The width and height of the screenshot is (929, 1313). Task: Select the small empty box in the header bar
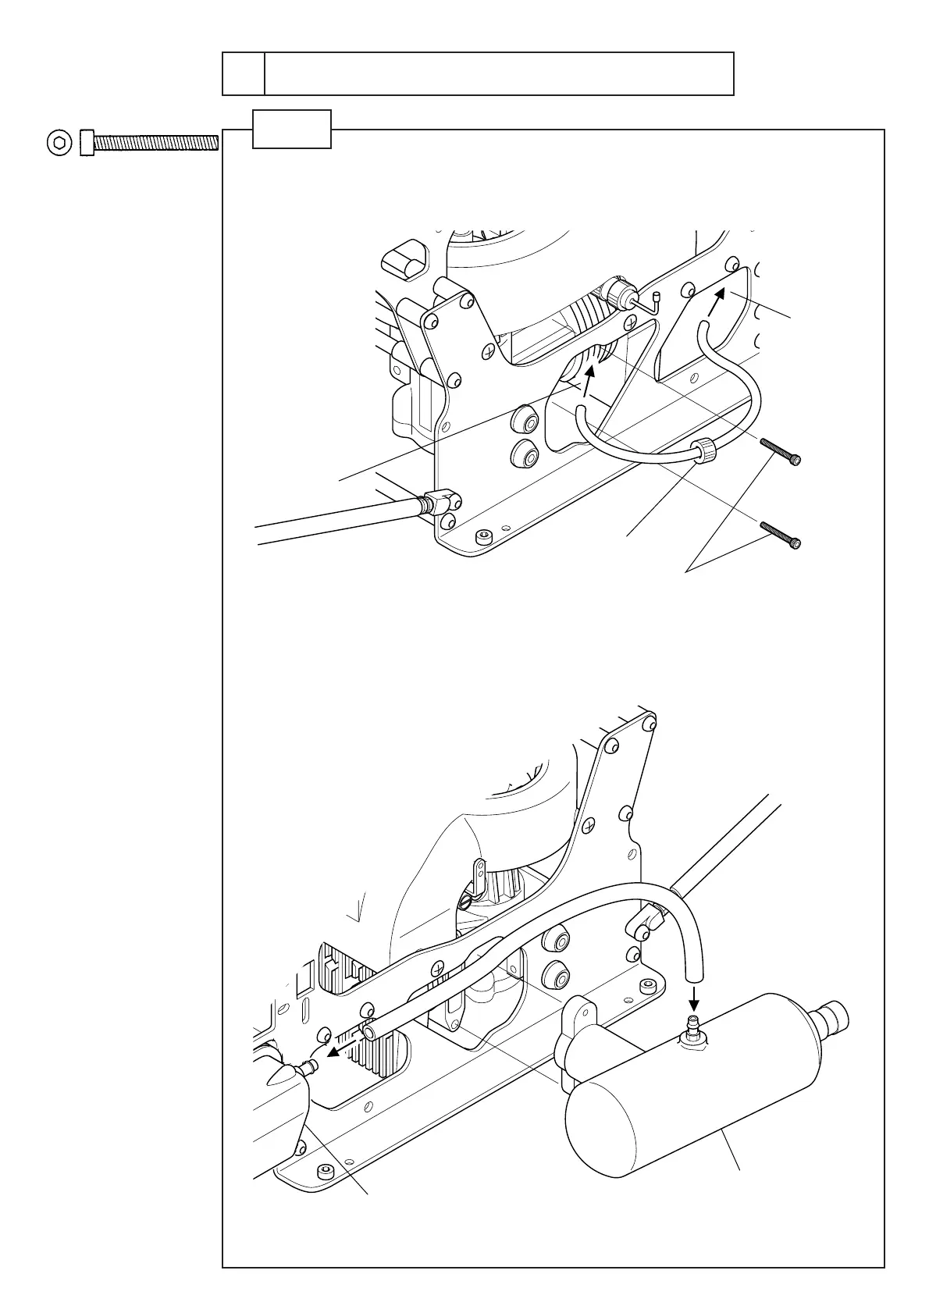[x=244, y=74]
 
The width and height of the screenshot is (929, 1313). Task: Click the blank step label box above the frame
[x=292, y=129]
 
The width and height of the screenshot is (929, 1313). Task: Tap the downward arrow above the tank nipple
[x=695, y=998]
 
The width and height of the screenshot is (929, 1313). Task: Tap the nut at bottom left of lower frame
[x=323, y=1170]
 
